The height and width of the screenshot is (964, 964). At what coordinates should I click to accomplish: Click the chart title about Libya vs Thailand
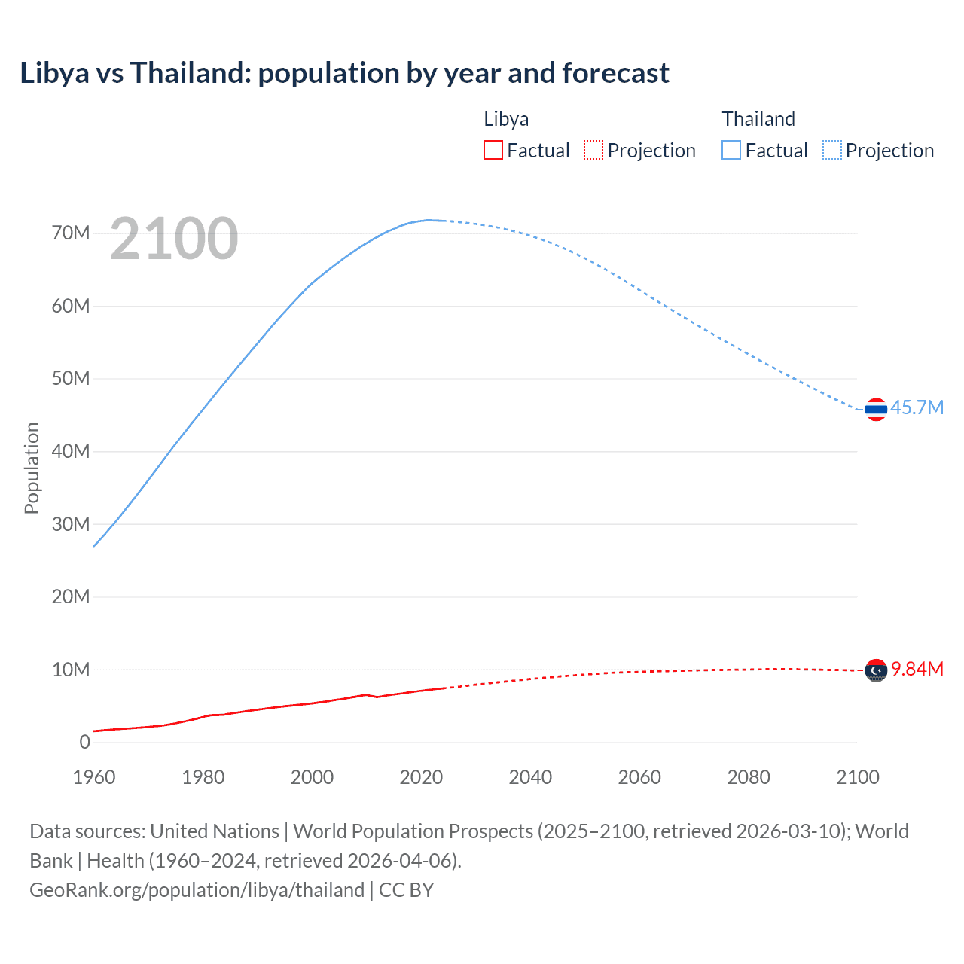344,73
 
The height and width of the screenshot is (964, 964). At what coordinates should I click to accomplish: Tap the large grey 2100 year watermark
174,239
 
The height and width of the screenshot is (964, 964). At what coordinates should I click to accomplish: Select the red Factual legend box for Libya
493,150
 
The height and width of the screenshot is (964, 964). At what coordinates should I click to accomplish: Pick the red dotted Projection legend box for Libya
593,150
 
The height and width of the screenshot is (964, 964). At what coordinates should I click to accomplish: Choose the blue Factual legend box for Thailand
731,150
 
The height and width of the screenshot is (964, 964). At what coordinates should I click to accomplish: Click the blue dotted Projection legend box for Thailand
832,150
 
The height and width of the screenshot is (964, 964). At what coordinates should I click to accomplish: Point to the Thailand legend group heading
758,119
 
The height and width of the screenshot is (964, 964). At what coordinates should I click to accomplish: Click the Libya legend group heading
506,119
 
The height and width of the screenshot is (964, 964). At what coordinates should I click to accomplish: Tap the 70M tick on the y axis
71,233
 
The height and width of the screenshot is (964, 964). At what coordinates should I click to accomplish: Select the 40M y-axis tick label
71,451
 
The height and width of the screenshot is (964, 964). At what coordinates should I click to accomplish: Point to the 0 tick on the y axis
84,742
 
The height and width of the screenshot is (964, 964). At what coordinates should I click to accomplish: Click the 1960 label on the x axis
94,777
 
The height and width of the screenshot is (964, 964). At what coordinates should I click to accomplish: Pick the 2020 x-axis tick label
421,777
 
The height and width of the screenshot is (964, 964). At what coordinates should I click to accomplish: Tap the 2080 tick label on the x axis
749,777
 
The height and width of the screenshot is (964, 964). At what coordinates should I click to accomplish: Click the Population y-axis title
32,468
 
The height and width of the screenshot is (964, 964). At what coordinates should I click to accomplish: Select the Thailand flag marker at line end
876,409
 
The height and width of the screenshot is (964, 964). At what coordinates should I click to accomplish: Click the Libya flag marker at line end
876,670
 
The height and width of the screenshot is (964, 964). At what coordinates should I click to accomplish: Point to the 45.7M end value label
917,407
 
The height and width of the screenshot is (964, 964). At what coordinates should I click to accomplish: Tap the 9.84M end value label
917,669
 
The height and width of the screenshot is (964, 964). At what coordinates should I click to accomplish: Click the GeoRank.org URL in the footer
197,889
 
